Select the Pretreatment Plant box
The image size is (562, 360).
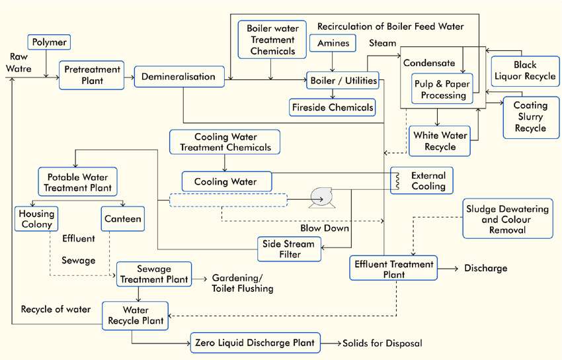click(91, 75)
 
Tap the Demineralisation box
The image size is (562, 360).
click(178, 77)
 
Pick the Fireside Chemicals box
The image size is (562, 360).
click(333, 107)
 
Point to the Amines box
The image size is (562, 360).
click(333, 44)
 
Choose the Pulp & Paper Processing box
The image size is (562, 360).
click(440, 89)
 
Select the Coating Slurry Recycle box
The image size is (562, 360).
click(530, 117)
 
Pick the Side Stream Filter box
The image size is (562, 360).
click(289, 248)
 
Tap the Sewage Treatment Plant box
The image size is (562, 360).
click(153, 274)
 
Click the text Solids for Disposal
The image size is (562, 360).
click(381, 343)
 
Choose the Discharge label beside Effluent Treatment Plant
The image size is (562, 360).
click(486, 268)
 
